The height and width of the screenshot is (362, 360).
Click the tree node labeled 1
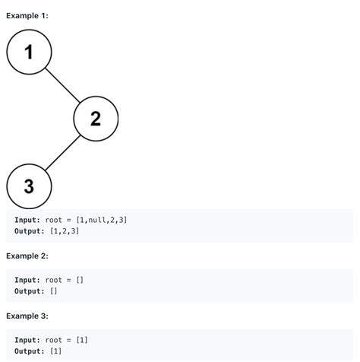(29, 52)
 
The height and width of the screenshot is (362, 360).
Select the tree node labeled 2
(96, 119)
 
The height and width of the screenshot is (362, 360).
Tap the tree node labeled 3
(29, 186)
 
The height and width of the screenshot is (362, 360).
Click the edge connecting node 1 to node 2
(62, 85)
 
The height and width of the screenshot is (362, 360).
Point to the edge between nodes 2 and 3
(62, 153)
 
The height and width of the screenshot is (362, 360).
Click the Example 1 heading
(27, 16)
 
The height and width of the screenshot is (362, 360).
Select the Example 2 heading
(27, 256)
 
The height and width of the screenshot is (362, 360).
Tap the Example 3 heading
(27, 316)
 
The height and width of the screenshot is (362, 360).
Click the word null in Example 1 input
(97, 220)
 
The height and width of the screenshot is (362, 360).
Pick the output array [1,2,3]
(65, 231)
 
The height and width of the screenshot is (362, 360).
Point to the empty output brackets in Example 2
(54, 291)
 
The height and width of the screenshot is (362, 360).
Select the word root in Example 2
(54, 280)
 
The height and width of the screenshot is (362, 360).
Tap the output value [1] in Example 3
(56, 351)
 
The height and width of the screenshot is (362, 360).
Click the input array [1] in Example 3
(82, 340)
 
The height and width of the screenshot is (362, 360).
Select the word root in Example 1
(54, 220)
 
